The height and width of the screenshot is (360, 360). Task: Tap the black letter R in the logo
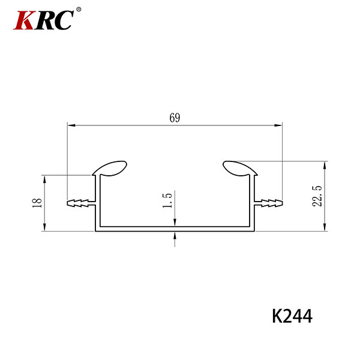click(45, 20)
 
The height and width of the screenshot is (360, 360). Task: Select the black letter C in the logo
click(64, 20)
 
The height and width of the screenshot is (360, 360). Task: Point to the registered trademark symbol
click(79, 10)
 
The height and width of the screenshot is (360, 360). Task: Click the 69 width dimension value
click(175, 118)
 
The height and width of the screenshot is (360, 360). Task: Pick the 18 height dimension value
click(37, 203)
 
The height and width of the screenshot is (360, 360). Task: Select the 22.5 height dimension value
click(317, 196)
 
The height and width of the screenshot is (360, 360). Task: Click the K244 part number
click(292, 316)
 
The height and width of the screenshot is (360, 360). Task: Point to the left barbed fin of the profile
click(81, 203)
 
